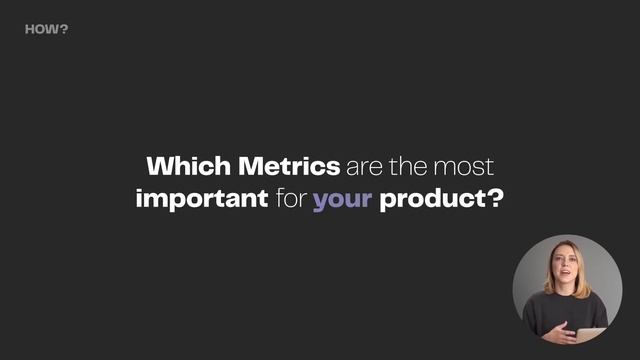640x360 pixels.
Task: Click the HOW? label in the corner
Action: pyautogui.click(x=46, y=29)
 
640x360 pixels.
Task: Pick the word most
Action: pyautogui.click(x=470, y=166)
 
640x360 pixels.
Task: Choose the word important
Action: pyautogui.click(x=201, y=199)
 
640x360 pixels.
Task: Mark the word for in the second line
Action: pyautogui.click(x=291, y=198)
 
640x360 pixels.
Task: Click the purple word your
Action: pyautogui.click(x=342, y=200)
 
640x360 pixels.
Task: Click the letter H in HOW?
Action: pyautogui.click(x=29, y=29)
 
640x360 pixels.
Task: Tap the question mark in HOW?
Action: pyautogui.click(x=65, y=29)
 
